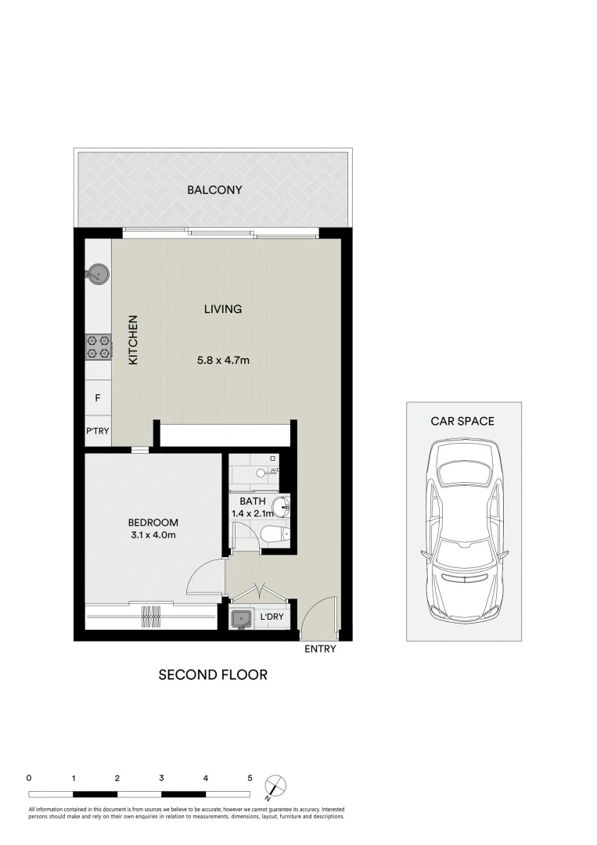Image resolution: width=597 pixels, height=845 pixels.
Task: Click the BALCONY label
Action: [x=214, y=190]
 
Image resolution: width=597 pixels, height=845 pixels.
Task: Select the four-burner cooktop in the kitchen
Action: [x=99, y=346]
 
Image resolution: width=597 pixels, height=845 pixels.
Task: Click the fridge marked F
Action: [x=98, y=398]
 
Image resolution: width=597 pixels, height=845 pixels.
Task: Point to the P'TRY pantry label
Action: [x=98, y=431]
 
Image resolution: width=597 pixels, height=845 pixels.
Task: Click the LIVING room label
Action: [x=223, y=309]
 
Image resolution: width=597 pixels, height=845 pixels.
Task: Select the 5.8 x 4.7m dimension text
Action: [x=223, y=361]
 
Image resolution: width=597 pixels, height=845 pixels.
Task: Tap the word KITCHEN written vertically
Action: [x=133, y=340]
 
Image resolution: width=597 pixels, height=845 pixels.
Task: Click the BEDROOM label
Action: [x=153, y=523]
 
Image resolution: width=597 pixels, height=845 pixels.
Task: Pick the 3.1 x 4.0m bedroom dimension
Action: [x=153, y=535]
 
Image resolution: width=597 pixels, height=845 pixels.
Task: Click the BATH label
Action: [x=252, y=502]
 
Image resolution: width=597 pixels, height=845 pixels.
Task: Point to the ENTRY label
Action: [x=320, y=649]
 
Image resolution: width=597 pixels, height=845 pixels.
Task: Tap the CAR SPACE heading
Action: [x=462, y=421]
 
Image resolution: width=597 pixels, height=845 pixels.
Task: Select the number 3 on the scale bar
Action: [x=161, y=778]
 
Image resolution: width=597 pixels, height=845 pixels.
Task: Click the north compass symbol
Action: [x=275, y=785]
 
